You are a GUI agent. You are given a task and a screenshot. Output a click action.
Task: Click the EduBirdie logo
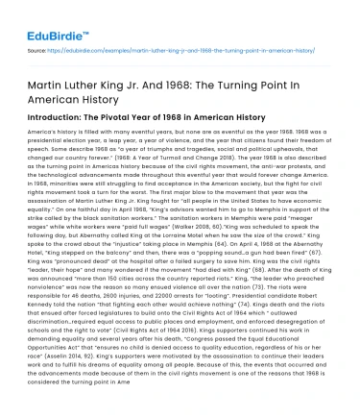pos(39,17)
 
